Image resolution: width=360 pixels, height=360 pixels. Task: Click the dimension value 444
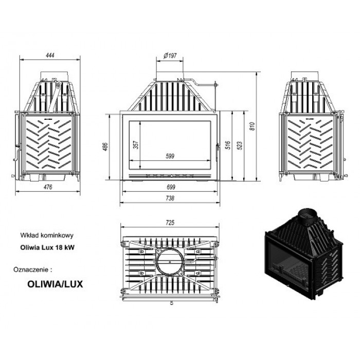pos(49,56)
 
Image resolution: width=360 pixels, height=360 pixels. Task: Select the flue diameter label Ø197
pos(169,56)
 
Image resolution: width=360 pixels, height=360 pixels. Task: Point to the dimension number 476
pos(48,187)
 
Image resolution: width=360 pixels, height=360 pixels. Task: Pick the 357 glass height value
pos(136,145)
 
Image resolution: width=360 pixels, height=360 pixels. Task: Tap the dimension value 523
pos(239,146)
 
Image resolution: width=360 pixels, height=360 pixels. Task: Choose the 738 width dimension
pos(170,198)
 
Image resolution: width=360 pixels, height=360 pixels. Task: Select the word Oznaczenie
pos(32,268)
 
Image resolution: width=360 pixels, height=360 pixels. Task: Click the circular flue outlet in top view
pos(170,262)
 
